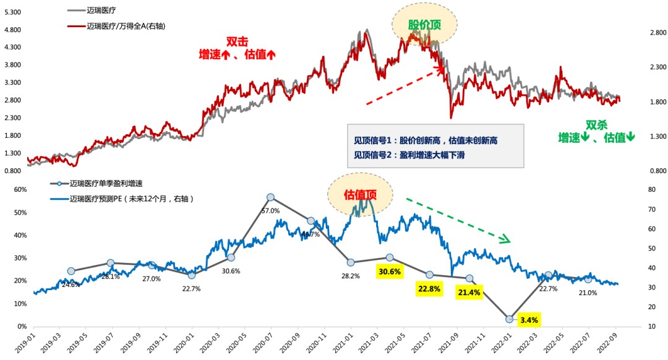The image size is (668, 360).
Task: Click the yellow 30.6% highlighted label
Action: click(x=390, y=271)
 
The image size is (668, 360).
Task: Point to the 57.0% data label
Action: click(x=270, y=210)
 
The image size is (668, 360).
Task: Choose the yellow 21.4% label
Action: click(x=469, y=292)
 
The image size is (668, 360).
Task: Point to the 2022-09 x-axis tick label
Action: click(x=614, y=343)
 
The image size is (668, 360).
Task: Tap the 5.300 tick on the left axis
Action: click(x=13, y=12)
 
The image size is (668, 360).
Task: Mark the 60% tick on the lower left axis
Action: click(x=13, y=190)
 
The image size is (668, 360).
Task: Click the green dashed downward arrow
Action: click(x=458, y=219)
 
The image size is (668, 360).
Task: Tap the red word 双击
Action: click(x=237, y=42)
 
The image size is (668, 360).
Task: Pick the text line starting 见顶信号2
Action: click(x=405, y=155)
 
